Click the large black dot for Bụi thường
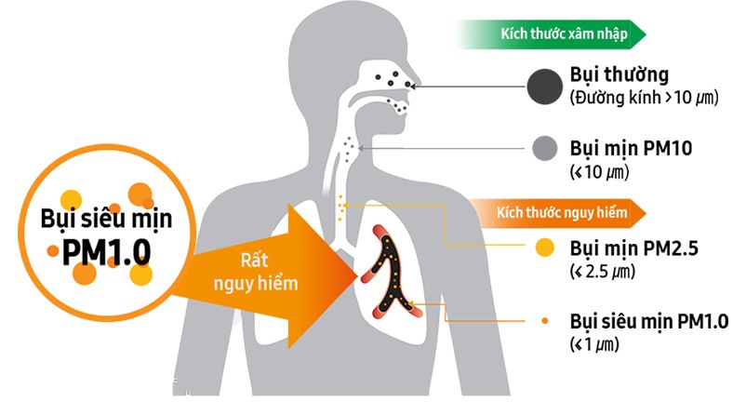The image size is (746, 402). (x=545, y=87)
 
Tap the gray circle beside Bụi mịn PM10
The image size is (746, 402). (x=545, y=148)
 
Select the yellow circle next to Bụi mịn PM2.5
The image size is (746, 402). (x=545, y=248)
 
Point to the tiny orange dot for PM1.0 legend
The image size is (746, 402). (x=545, y=321)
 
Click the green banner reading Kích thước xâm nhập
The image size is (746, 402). (x=551, y=34)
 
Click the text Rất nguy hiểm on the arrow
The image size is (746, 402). (x=256, y=272)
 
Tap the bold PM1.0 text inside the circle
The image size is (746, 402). (x=107, y=251)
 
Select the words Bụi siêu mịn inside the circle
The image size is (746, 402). (x=106, y=220)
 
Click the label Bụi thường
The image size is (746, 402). (x=619, y=75)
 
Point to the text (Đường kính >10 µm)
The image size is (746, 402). (x=644, y=98)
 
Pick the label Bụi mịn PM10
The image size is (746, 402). (x=631, y=149)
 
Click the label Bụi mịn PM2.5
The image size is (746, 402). (x=634, y=248)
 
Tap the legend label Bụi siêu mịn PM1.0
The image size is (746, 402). (x=649, y=322)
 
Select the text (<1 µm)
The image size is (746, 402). (x=594, y=344)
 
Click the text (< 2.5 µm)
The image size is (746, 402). (x=602, y=272)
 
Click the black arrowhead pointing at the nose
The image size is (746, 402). (x=412, y=87)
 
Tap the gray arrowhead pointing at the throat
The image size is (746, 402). (x=361, y=149)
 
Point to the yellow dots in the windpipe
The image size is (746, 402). (x=340, y=208)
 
